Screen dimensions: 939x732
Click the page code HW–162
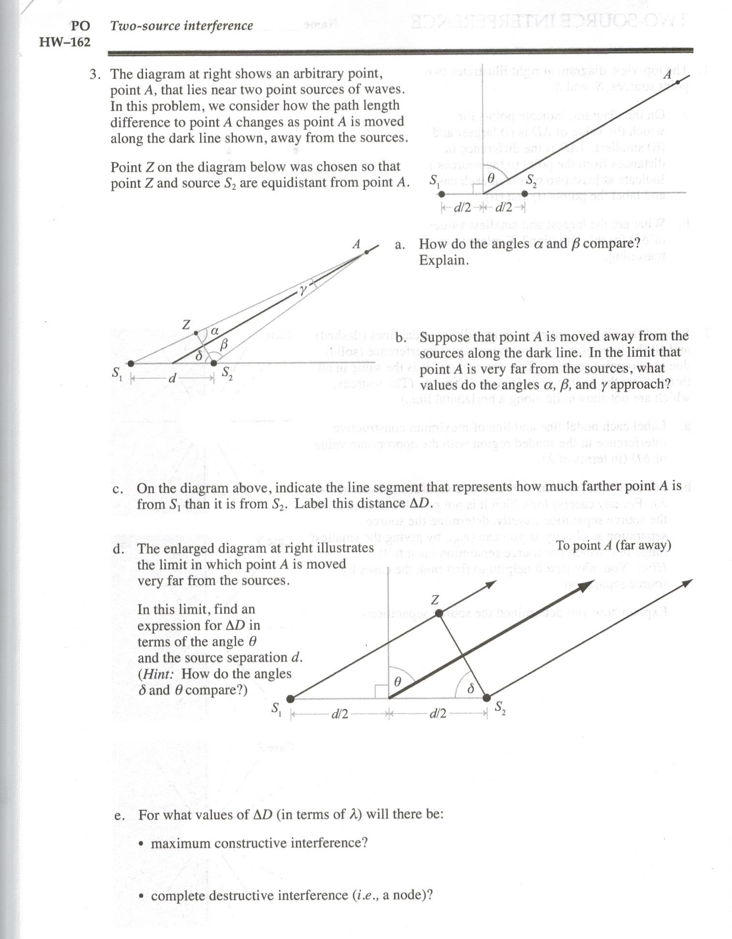pyautogui.click(x=64, y=42)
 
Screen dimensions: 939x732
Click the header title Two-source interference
pyautogui.click(x=181, y=25)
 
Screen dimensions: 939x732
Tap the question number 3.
pyautogui.click(x=95, y=74)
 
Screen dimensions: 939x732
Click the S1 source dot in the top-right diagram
pyautogui.click(x=441, y=194)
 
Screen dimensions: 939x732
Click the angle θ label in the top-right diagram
pyautogui.click(x=491, y=179)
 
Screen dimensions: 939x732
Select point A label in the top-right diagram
pyautogui.click(x=668, y=75)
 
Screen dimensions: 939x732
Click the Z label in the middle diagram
pyautogui.click(x=186, y=324)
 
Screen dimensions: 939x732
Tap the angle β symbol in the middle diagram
pyautogui.click(x=224, y=344)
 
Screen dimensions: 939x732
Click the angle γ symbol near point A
pyautogui.click(x=303, y=290)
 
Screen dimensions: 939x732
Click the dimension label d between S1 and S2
pyautogui.click(x=172, y=378)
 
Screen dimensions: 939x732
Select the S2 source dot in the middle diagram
pyautogui.click(x=214, y=363)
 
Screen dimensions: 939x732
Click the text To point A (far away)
pyautogui.click(x=613, y=545)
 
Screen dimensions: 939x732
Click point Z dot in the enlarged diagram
pyautogui.click(x=439, y=613)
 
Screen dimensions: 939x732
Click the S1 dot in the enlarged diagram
pyautogui.click(x=290, y=699)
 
